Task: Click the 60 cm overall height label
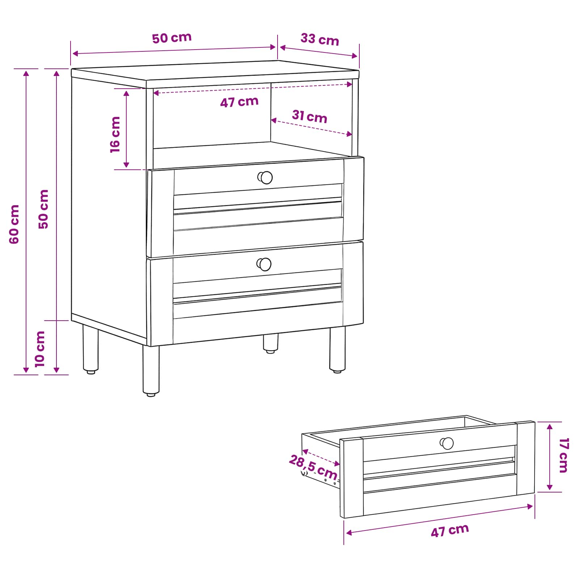14,224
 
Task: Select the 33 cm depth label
320,39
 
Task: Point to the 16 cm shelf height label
115,135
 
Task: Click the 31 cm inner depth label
310,117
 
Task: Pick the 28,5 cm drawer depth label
313,467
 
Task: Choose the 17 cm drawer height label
564,455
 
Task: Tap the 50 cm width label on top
172,38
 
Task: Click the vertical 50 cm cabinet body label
43,209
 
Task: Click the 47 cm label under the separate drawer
450,531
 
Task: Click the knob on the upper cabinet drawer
265,177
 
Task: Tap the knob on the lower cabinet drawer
264,264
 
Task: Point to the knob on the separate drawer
447,443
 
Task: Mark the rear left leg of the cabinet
90,349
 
